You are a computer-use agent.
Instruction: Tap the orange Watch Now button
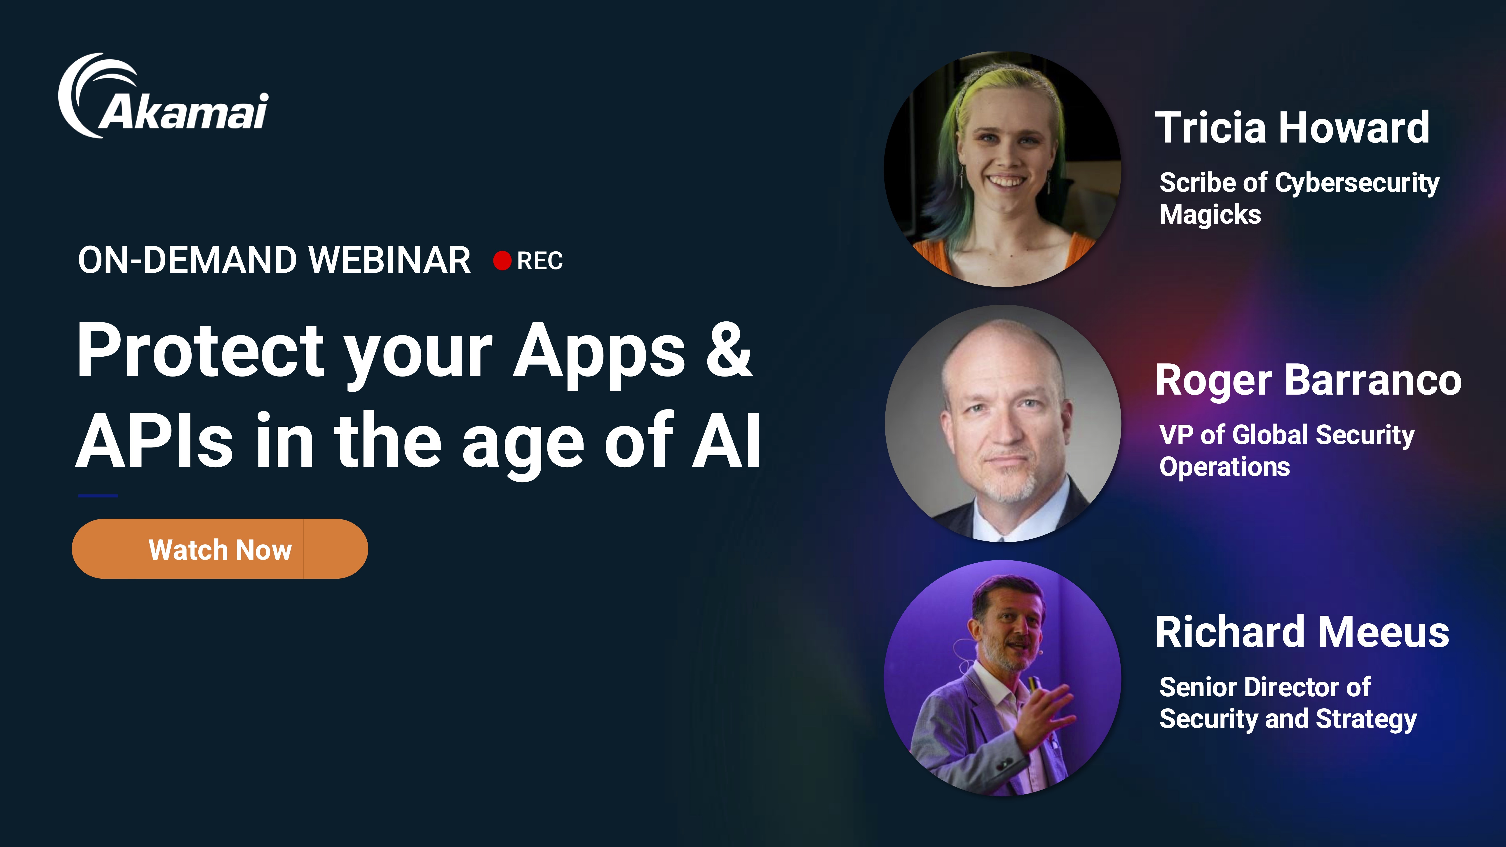tap(220, 549)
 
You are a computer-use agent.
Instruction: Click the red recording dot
tap(502, 261)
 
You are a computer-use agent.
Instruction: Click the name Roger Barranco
tap(1308, 381)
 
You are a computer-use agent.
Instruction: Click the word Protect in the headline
tap(201, 350)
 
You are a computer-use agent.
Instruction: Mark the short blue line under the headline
tap(98, 496)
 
